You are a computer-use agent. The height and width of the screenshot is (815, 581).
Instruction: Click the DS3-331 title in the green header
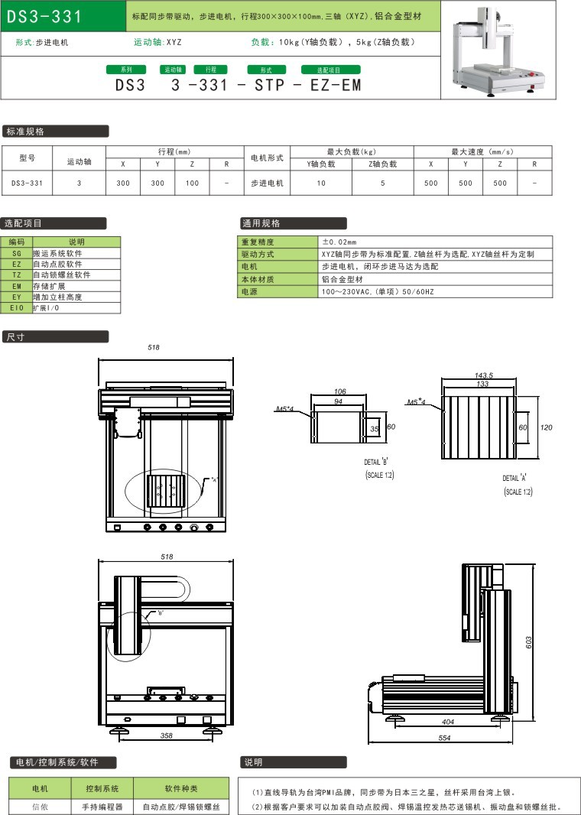pyautogui.click(x=44, y=16)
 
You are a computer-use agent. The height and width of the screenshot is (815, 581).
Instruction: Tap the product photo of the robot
pyautogui.click(x=497, y=51)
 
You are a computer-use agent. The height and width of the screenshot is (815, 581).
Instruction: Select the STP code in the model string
pyautogui.click(x=267, y=85)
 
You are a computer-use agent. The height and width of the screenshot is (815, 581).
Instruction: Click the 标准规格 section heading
pyautogui.click(x=26, y=132)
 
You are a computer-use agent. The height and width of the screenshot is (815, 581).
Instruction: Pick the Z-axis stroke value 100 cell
pyautogui.click(x=193, y=183)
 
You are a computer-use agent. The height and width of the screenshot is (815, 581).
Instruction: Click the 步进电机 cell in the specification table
pyautogui.click(x=268, y=183)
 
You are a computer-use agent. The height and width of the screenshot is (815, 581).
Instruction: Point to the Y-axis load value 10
pyautogui.click(x=321, y=183)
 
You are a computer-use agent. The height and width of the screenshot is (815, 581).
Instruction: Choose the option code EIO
pyautogui.click(x=17, y=307)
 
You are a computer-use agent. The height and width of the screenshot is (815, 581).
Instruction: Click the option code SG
pyautogui.click(x=17, y=253)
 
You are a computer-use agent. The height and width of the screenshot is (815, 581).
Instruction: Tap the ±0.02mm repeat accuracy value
pyautogui.click(x=339, y=242)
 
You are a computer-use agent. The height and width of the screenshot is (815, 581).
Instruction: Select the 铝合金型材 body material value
pyautogui.click(x=341, y=280)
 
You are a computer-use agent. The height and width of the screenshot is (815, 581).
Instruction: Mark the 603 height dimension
pyautogui.click(x=528, y=643)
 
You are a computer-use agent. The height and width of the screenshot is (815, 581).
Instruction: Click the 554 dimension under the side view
pyautogui.click(x=444, y=737)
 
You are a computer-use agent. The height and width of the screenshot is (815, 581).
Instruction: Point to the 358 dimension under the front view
pyautogui.click(x=166, y=735)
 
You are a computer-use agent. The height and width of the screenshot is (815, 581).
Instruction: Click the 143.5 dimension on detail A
pyautogui.click(x=483, y=375)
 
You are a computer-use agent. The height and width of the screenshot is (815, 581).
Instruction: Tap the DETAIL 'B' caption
pyautogui.click(x=377, y=463)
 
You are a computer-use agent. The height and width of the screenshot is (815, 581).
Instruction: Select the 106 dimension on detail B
pyautogui.click(x=340, y=391)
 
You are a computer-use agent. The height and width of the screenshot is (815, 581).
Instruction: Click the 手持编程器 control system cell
pyautogui.click(x=102, y=806)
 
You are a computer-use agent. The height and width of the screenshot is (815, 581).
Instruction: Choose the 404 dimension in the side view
pyautogui.click(x=448, y=721)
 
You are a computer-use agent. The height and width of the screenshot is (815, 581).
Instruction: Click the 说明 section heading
pyautogui.click(x=253, y=762)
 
